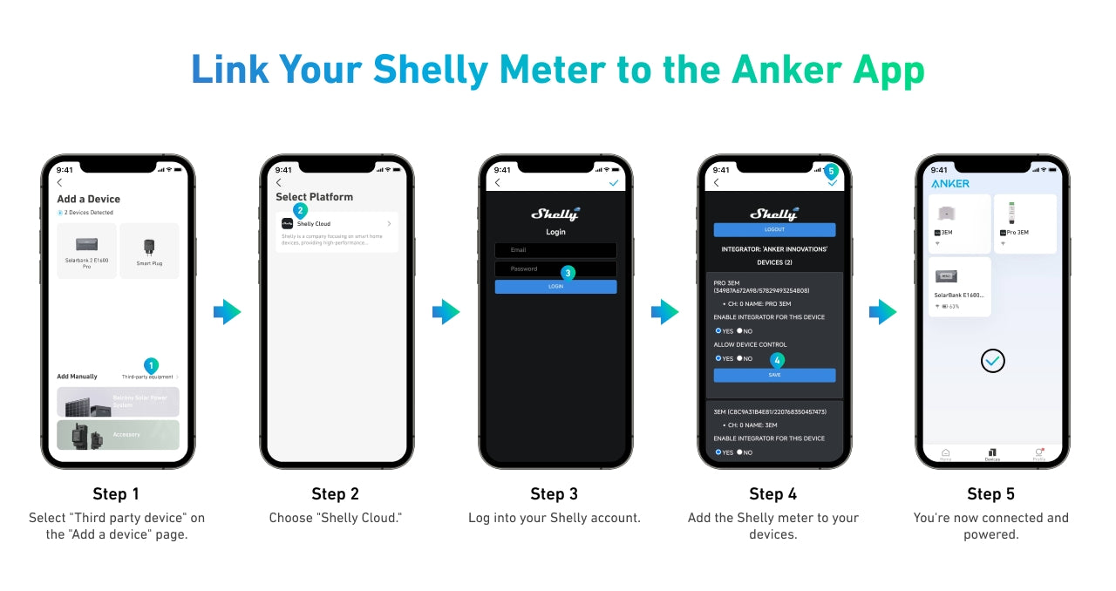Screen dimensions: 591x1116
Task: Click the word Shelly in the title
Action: [x=430, y=69]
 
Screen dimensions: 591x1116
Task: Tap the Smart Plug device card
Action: [x=149, y=250]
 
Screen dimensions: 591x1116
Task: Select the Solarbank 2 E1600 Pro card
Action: [x=86, y=250]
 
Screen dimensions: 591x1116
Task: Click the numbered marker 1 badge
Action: [x=151, y=365]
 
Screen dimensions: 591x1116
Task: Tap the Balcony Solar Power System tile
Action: [x=118, y=402]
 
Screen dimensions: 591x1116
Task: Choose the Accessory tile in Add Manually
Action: [x=118, y=434]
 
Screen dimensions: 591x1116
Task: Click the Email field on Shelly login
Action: [x=555, y=250]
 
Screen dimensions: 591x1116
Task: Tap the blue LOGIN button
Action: [x=555, y=286]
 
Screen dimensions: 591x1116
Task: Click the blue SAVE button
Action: [x=774, y=375]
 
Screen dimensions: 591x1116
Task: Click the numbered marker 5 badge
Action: [x=831, y=171]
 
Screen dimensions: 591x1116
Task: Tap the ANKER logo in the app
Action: [x=950, y=184]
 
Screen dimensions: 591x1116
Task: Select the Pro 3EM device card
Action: [x=1024, y=223]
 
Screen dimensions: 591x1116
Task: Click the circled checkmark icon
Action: [x=992, y=360]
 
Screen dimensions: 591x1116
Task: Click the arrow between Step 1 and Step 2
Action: [x=227, y=311]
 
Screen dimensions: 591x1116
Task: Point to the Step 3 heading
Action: [x=555, y=494]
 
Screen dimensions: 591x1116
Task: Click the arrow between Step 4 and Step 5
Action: [x=882, y=311]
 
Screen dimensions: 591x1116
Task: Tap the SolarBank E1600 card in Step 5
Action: [x=959, y=286]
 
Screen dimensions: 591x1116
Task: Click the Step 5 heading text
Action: [x=990, y=494]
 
